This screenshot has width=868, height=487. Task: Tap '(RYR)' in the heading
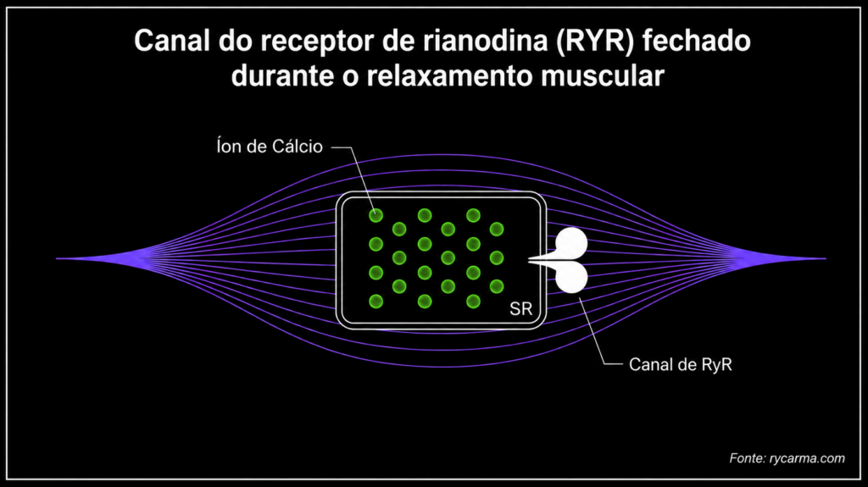point(595,42)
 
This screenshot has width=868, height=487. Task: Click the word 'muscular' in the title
point(603,76)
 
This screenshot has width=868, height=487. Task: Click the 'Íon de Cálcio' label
point(270,147)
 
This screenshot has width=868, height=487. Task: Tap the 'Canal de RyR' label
point(681,365)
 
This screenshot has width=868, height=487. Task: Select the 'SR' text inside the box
point(520,309)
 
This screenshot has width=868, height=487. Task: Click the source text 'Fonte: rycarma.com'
point(787,458)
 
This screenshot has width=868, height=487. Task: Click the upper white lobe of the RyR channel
point(571,243)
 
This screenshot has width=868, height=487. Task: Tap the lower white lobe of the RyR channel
point(571,277)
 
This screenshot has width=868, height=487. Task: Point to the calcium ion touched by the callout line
point(376,215)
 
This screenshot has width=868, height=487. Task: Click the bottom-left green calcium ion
point(376,302)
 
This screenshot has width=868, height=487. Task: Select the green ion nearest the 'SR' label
point(497,286)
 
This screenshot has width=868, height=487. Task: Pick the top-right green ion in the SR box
point(497,230)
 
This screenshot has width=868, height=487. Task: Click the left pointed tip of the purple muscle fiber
point(57,258)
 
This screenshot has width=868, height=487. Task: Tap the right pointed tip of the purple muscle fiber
point(826,258)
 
